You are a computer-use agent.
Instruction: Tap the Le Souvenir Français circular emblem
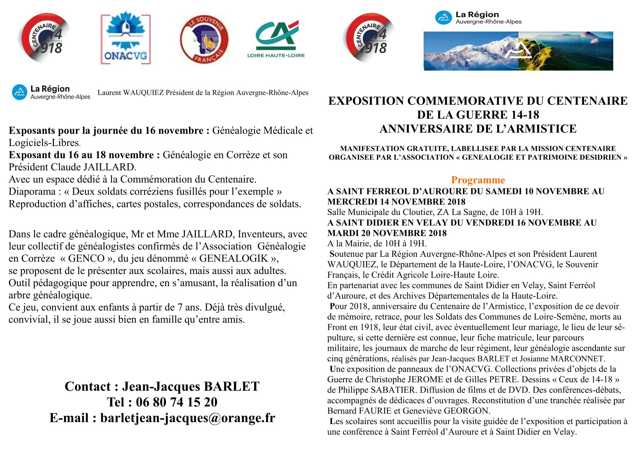204,39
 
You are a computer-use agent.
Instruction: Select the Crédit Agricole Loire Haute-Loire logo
276,39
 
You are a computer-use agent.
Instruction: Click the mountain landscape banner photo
518,51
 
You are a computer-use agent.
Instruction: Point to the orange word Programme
478,180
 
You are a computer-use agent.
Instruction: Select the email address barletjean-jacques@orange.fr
187,418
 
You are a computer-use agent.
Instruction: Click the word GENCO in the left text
86,258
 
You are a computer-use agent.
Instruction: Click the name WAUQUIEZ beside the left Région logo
143,93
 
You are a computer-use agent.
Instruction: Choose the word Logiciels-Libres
44,143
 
